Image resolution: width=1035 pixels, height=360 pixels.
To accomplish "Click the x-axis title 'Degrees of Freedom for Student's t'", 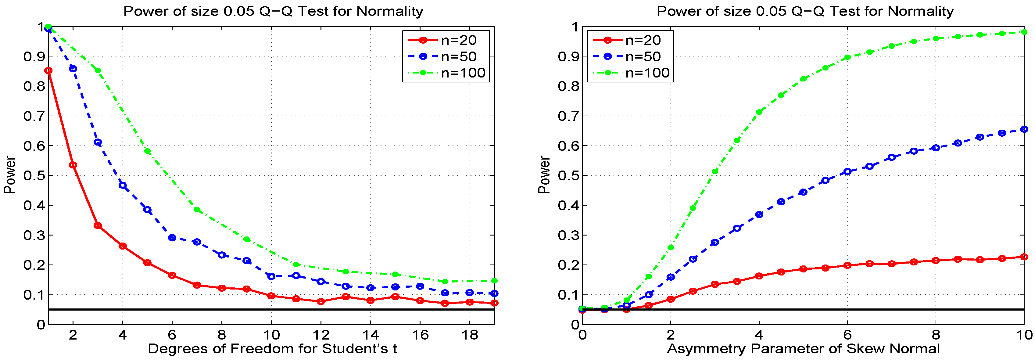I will point(272,348).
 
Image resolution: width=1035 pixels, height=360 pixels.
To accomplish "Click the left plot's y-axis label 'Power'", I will point(10,175).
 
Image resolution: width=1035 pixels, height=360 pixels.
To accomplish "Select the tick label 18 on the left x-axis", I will point(469,335).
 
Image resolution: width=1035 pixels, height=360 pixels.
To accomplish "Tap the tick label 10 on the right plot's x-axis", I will point(1024,335).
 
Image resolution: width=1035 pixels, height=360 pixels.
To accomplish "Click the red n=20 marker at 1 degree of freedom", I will point(48,71).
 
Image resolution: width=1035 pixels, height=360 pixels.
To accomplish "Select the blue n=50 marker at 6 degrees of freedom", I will point(172,238).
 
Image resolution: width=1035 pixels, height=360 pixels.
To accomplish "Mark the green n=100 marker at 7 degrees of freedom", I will point(197,210).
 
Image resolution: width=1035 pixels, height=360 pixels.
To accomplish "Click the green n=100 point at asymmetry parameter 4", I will point(759,112).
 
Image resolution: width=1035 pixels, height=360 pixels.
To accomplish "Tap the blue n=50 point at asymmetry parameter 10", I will point(1024,129).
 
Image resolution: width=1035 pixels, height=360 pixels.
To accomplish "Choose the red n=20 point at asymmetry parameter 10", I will point(1024,257).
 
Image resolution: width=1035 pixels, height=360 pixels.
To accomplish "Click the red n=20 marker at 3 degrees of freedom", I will point(98,225).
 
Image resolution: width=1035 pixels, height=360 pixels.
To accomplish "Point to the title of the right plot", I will point(805,11).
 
